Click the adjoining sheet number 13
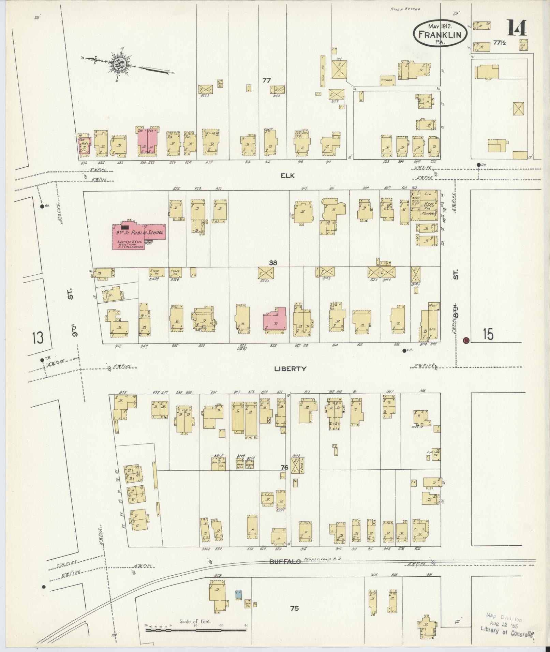point(38,338)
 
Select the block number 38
point(272,263)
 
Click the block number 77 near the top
point(266,80)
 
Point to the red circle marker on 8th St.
point(466,340)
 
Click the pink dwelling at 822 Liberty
point(274,319)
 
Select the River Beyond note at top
point(405,9)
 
